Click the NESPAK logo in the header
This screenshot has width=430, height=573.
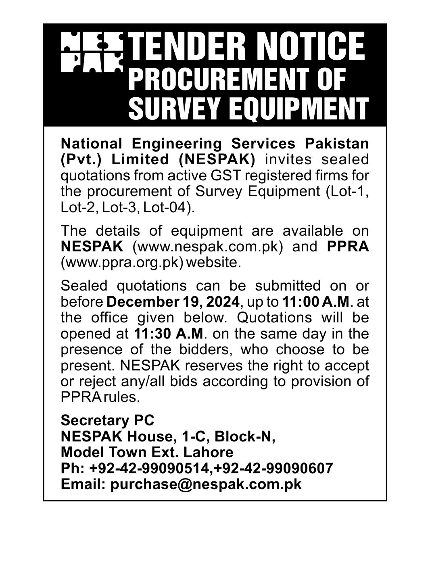click(92, 53)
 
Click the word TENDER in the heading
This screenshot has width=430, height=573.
click(185, 47)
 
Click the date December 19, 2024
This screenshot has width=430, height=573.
click(174, 301)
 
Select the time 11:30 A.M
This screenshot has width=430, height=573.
click(168, 334)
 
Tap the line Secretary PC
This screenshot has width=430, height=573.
click(107, 420)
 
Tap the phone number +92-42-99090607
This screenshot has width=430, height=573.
click(274, 468)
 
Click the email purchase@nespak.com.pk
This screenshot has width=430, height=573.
click(206, 484)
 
